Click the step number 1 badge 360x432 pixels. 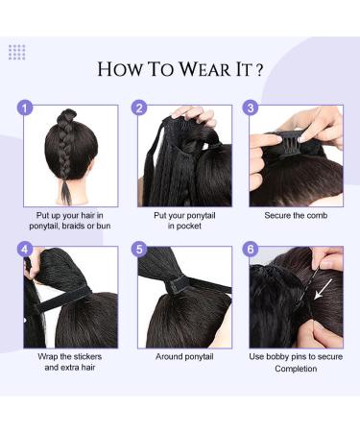(x=26, y=108)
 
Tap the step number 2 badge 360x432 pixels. (x=139, y=108)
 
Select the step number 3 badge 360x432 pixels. (x=252, y=108)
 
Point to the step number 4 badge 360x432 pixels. (x=26, y=250)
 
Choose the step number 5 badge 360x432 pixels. (x=139, y=250)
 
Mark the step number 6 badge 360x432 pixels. (x=252, y=250)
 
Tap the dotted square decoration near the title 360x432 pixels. (x=17, y=52)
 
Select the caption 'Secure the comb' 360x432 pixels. (x=297, y=215)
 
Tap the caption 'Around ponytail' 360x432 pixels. (x=183, y=356)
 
